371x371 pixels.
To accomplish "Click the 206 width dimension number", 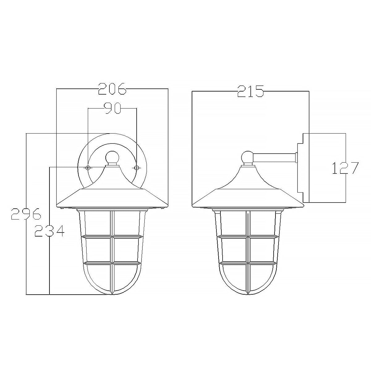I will click(112, 89).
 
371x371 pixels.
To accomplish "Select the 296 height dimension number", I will click(26, 214).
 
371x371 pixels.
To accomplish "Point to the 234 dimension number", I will click(49, 231).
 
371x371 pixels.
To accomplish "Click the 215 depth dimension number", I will click(250, 91).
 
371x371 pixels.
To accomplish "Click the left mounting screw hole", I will click(88, 168).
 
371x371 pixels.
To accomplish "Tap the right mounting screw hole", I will click(136, 168).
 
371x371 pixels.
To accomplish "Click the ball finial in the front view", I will click(112, 157).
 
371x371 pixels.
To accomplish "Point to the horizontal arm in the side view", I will click(274, 158).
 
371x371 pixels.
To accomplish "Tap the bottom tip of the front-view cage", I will click(112, 294).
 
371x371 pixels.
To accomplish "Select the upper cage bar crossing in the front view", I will click(112, 237).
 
